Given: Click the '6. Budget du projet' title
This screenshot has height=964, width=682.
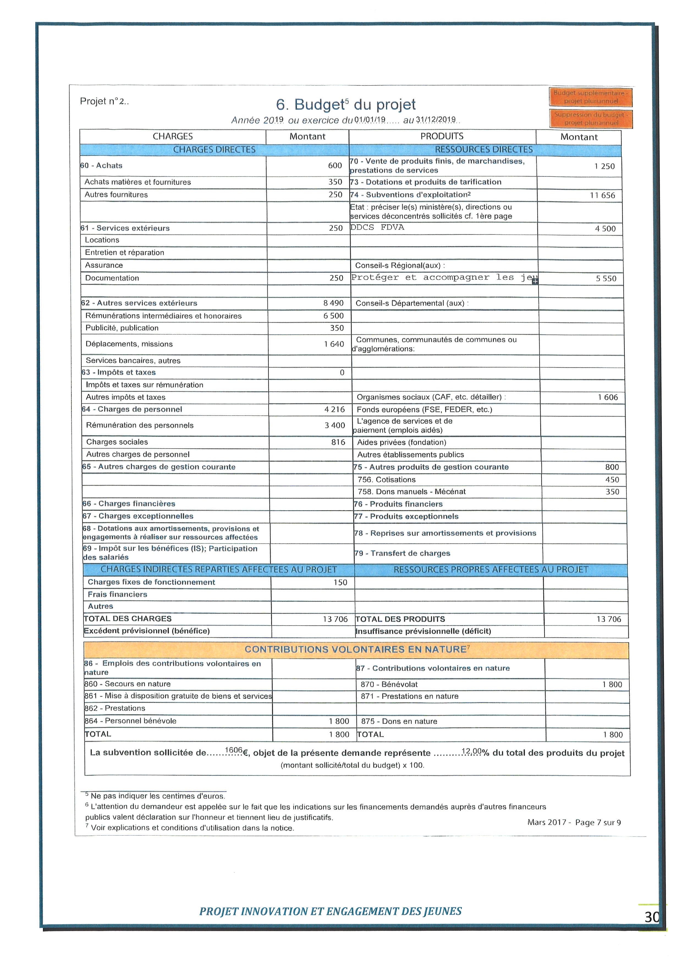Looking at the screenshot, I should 346,104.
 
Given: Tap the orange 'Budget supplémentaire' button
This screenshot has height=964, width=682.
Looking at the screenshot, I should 590,97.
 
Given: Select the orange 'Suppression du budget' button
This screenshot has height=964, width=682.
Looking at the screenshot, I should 590,118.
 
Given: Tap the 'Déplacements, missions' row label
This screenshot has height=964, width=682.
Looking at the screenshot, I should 129,344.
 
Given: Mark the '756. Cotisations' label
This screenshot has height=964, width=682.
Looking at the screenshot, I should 386,479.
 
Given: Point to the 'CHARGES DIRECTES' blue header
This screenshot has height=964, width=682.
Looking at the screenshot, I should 214,150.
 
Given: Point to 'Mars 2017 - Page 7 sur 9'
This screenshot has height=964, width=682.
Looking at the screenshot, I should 574,822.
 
